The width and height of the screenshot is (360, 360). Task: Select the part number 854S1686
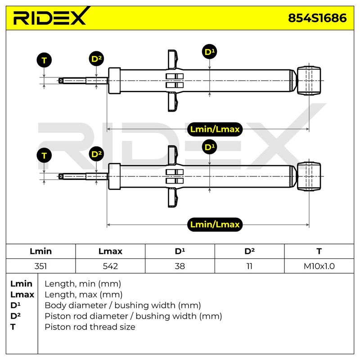click(317, 18)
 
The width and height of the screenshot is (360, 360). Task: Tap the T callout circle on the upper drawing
click(44, 60)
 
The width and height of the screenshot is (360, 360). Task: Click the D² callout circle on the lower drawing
click(96, 154)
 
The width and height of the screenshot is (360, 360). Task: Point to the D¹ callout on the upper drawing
click(210, 52)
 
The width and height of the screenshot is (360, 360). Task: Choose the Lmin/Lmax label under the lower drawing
click(215, 224)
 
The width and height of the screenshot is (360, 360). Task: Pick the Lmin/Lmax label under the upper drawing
click(215, 129)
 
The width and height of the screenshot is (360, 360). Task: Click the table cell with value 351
click(40, 266)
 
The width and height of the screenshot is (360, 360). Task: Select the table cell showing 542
click(110, 266)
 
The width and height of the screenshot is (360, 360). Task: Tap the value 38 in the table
click(180, 266)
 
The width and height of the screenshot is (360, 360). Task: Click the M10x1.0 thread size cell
click(319, 266)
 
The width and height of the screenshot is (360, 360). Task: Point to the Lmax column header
click(110, 251)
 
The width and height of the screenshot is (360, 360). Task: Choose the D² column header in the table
click(250, 251)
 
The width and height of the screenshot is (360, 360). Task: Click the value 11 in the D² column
click(250, 266)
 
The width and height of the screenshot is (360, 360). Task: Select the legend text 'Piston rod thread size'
click(90, 327)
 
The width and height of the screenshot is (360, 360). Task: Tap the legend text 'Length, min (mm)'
click(83, 284)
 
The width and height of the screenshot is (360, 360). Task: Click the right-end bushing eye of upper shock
click(309, 81)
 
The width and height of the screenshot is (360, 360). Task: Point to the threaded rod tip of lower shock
click(61, 176)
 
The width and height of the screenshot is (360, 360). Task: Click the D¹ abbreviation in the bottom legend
click(15, 305)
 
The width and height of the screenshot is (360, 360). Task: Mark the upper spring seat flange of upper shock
click(173, 59)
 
